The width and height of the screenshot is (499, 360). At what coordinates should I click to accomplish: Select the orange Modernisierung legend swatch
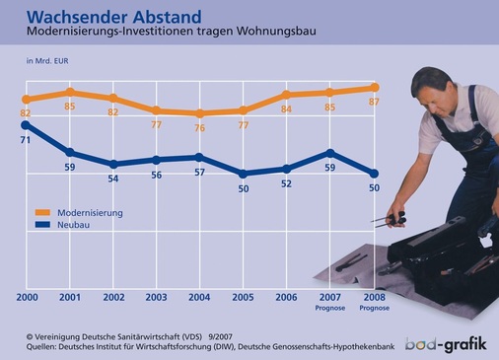pos(41,212)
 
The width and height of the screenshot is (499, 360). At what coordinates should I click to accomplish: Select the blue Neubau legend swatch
pos(41,225)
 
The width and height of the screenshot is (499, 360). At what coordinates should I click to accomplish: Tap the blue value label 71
pos(26,142)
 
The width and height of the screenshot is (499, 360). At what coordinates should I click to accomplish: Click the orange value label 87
pos(374,104)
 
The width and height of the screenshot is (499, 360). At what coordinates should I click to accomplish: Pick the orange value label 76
pos(199,128)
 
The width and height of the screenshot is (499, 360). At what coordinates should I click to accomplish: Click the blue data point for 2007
pos(330,153)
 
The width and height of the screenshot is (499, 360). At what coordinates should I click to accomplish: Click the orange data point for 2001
pos(69,92)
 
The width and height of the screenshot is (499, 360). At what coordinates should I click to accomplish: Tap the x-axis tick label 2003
pos(156,298)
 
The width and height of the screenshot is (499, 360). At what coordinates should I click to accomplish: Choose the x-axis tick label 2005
pos(243,298)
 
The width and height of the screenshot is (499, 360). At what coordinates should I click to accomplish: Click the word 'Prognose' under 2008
pos(374,308)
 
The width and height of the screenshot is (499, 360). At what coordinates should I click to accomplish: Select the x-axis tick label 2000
pos(26,298)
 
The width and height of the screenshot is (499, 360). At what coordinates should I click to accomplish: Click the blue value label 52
pos(287,183)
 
